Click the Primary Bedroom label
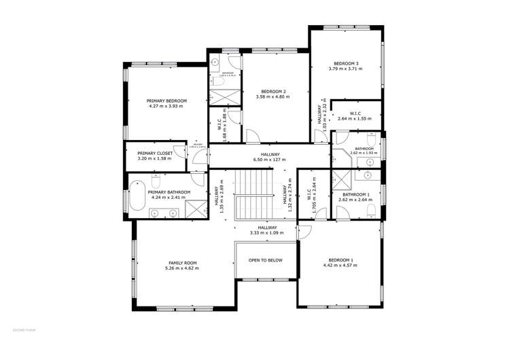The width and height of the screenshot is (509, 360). [x=166, y=101]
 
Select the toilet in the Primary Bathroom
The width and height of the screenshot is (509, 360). [x=156, y=182]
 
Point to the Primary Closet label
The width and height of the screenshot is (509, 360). [x=155, y=153]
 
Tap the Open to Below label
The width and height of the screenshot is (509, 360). [x=265, y=260]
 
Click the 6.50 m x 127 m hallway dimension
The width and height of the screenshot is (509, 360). [x=266, y=160]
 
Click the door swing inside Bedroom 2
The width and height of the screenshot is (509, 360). [x=252, y=135]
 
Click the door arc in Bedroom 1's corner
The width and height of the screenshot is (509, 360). [x=304, y=232]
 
